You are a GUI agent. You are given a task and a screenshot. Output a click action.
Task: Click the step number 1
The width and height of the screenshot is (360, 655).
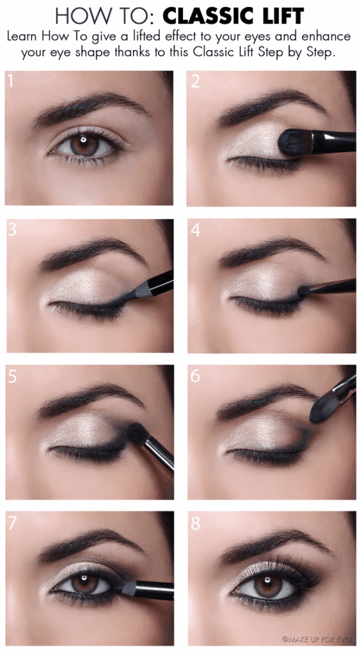[10, 81]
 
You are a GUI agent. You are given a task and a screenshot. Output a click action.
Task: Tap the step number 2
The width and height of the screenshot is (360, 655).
[196, 81]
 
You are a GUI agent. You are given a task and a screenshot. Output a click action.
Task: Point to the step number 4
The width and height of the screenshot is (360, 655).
[196, 230]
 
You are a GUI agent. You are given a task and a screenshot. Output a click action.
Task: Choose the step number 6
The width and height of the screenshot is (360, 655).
[196, 376]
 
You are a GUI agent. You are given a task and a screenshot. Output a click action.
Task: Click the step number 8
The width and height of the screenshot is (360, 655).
[196, 523]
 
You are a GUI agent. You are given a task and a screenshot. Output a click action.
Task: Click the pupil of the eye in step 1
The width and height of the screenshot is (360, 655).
[84, 142]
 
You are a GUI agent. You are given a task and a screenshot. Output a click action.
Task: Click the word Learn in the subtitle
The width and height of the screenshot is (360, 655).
[23, 37]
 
